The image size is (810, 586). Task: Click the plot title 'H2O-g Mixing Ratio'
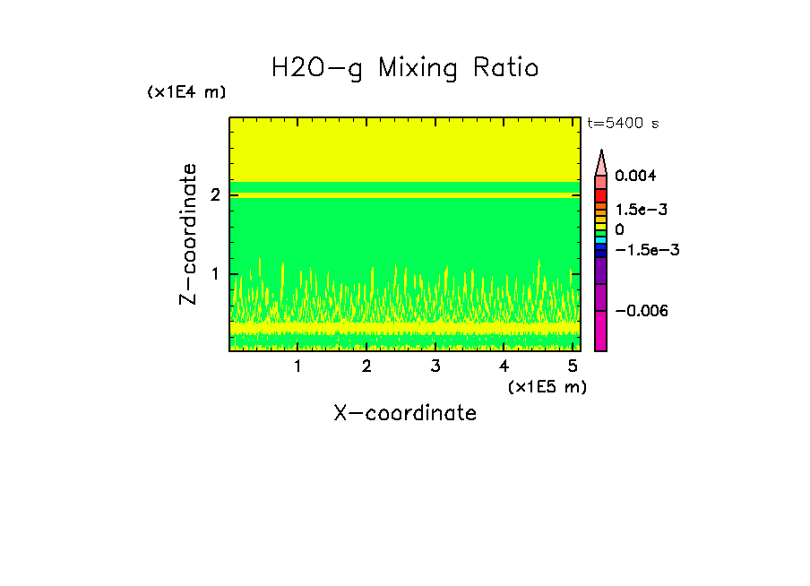[x=405, y=68]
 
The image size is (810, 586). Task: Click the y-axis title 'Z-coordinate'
[x=189, y=234]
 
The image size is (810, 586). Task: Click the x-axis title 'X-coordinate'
[x=405, y=413]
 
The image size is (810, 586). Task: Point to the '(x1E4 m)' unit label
[x=186, y=92]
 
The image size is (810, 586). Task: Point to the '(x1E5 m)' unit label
[x=547, y=386]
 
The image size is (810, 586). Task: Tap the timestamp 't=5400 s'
[x=623, y=124]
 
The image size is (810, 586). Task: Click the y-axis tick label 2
[x=216, y=194]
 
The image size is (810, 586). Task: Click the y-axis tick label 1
[x=216, y=274]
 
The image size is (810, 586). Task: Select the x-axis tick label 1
[x=297, y=366]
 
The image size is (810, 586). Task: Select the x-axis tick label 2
[x=366, y=366]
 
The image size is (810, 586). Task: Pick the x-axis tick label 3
[x=435, y=366]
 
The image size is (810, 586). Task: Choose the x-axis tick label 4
[x=504, y=366]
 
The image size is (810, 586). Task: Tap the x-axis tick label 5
[x=573, y=366]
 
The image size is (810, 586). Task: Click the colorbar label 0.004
[x=635, y=176]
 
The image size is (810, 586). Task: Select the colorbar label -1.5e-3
[x=645, y=250]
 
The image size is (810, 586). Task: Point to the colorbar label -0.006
[x=642, y=310]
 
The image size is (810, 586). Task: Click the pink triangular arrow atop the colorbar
[x=601, y=162]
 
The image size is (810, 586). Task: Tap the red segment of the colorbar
[x=601, y=195]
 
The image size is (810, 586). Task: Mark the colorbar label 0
[x=619, y=230]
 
